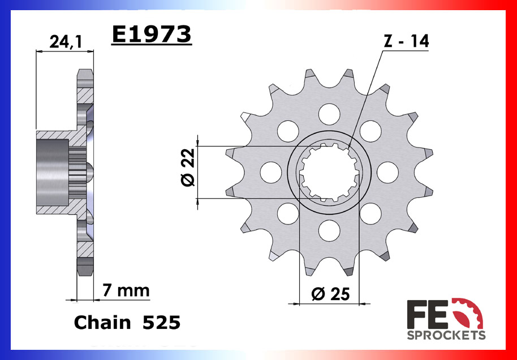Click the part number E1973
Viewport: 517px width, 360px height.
pos(152,35)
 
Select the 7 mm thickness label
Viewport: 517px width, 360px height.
pos(126,290)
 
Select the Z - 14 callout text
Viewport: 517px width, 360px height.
pos(405,41)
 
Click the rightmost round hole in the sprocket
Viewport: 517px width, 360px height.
pos(387,172)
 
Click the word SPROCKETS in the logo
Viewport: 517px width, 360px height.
pos(446,335)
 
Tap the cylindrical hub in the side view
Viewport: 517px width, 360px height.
pos(53,172)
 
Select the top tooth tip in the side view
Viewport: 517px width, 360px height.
pos(85,73)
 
